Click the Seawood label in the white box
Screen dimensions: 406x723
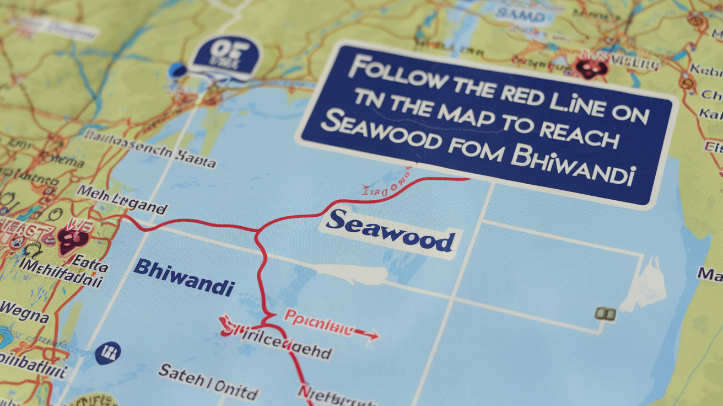point(391,231)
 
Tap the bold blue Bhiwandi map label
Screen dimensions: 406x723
point(184,277)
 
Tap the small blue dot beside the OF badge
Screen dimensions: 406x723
point(177,70)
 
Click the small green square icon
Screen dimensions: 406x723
point(605,314)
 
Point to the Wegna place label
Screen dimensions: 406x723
point(24,312)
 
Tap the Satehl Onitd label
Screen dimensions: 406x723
point(208,381)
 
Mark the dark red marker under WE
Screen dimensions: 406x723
point(73,241)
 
